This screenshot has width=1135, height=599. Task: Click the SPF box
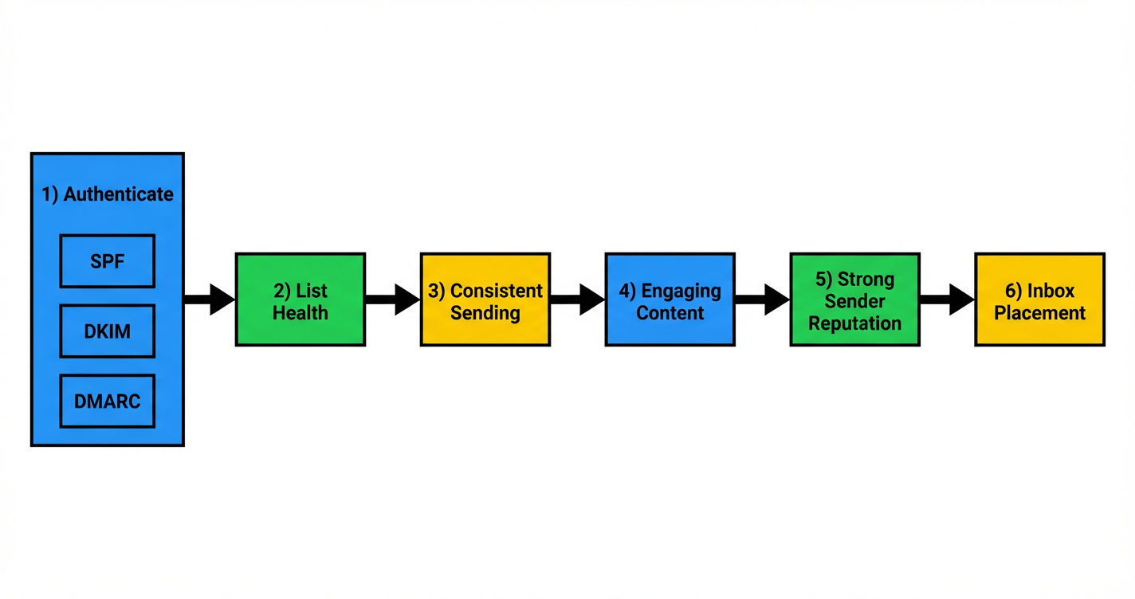click(108, 260)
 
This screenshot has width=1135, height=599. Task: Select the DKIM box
click(108, 331)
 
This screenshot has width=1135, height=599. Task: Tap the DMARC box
click(108, 401)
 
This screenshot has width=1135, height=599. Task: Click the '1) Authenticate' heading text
click(108, 194)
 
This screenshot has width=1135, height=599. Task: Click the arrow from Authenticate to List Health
click(210, 299)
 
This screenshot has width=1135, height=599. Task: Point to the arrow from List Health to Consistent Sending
click(392, 299)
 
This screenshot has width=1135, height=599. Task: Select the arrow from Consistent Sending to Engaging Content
click(577, 299)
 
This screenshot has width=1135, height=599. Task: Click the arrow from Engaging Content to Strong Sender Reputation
click(762, 299)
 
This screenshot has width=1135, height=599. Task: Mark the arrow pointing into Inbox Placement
click(947, 299)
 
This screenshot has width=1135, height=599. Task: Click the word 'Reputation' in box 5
click(855, 323)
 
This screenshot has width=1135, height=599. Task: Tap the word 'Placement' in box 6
click(1040, 313)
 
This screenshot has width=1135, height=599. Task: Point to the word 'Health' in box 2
click(300, 313)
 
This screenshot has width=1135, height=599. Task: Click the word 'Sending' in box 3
click(485, 313)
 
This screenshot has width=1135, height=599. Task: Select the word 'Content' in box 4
click(670, 313)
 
